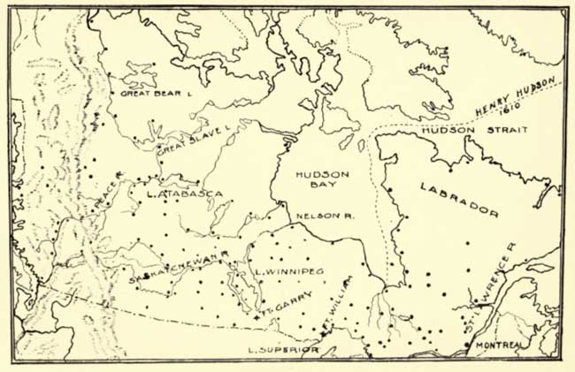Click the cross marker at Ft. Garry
pos(257,315)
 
